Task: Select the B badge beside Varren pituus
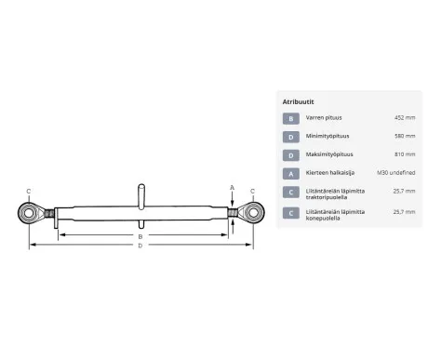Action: tap(291, 118)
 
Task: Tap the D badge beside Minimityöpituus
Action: tap(291, 137)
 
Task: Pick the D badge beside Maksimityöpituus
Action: tap(291, 155)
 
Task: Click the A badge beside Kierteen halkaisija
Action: tap(291, 174)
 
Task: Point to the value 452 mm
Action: tap(405, 118)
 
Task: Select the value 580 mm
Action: tap(405, 136)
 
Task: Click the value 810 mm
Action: tap(405, 154)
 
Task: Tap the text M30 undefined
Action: tap(396, 173)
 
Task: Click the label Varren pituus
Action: tap(324, 118)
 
